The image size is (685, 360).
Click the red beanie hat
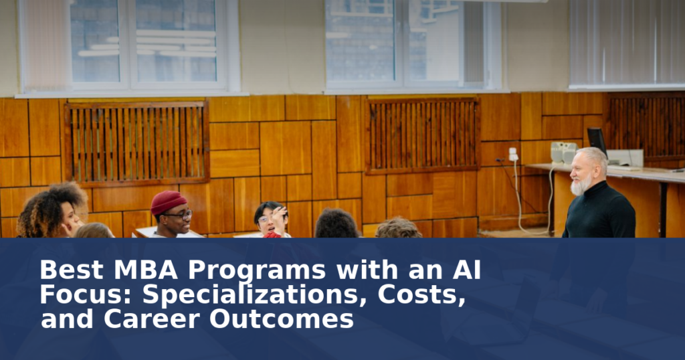point(168,202)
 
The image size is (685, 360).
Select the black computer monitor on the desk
point(597,141)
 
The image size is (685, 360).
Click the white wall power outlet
point(513,154)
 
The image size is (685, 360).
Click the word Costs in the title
point(421,295)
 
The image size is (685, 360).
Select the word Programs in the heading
point(257,271)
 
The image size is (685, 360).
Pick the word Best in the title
point(71,270)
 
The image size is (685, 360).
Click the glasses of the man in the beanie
point(181,215)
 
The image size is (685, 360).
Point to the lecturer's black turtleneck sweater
point(599,212)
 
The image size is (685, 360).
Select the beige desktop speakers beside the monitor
point(563,153)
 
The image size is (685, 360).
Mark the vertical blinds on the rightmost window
point(627,42)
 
